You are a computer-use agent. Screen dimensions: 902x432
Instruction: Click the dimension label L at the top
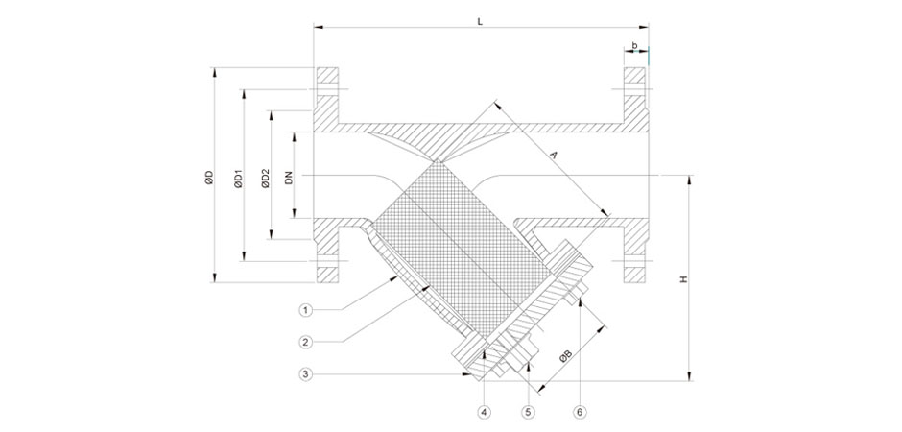[480, 21]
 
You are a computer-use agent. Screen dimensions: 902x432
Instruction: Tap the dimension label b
[634, 45]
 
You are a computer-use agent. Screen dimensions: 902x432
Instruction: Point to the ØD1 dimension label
[238, 179]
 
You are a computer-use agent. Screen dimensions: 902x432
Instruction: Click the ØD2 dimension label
[265, 179]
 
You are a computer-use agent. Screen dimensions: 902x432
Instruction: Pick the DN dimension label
[289, 178]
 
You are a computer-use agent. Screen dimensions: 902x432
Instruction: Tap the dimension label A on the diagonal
[554, 155]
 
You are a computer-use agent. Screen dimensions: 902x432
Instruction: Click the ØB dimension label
[565, 358]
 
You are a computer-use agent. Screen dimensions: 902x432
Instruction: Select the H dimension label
[683, 279]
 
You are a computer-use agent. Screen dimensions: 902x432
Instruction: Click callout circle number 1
[305, 311]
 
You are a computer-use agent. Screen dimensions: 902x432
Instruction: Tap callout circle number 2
[305, 343]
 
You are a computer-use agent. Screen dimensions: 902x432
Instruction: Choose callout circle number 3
[305, 374]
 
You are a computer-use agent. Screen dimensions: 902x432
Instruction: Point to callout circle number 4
[485, 412]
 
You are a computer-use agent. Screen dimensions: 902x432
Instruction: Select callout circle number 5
[528, 412]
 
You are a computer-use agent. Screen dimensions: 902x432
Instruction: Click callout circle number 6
[580, 412]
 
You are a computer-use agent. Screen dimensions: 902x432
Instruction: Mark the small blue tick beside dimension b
[649, 56]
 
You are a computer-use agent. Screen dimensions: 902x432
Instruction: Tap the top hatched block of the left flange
[328, 75]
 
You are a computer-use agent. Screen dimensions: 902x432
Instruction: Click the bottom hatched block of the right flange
[635, 275]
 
